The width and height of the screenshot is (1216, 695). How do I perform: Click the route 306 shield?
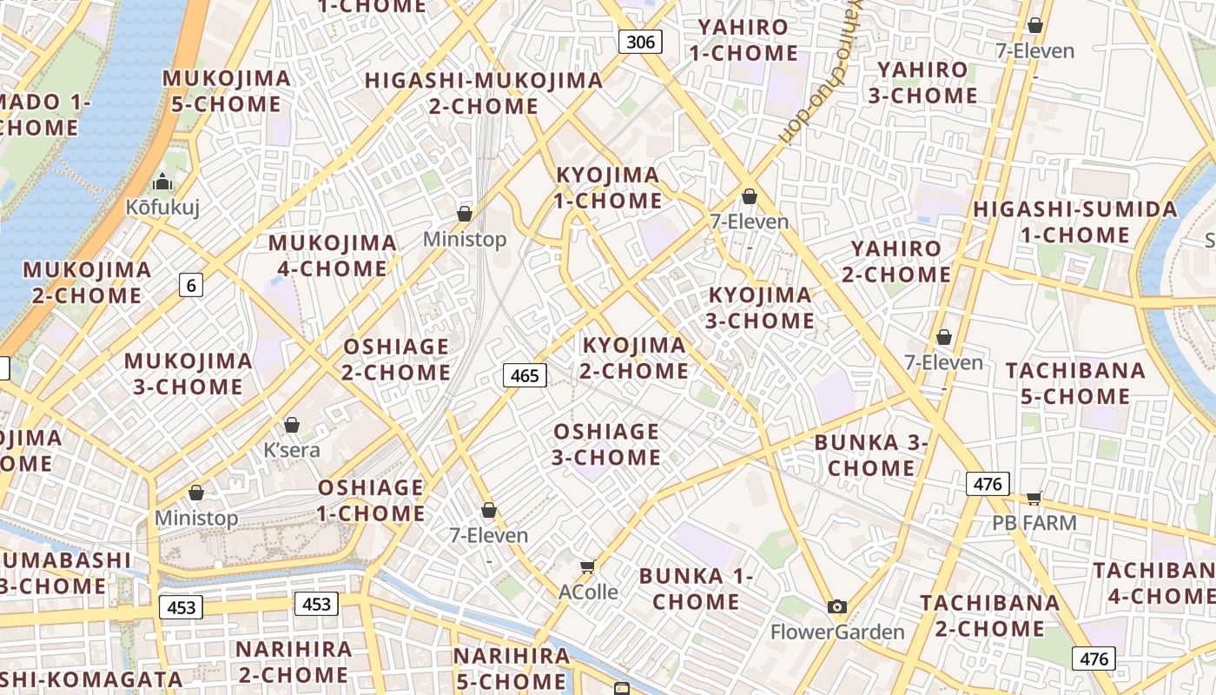(641, 41)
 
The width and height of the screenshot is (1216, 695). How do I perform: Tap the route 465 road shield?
(525, 375)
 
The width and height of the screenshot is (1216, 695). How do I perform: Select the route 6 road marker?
(191, 284)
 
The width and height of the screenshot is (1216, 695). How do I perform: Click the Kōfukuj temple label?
(162, 207)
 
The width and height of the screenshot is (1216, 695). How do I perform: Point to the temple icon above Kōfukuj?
(162, 182)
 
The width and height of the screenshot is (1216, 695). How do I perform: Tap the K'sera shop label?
(292, 450)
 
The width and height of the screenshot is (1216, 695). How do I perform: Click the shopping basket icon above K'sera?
(292, 425)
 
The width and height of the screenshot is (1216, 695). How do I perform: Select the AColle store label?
(588, 592)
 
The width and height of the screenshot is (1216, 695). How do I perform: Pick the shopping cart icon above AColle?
(588, 566)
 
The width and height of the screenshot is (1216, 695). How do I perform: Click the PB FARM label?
(1034, 522)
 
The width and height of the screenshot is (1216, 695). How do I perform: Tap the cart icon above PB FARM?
(1034, 497)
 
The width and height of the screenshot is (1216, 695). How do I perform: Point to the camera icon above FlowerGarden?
(836, 606)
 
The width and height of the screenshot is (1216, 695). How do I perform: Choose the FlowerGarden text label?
(837, 632)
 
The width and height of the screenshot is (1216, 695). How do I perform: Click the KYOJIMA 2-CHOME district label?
(635, 358)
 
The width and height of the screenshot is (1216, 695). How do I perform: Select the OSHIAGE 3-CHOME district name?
(606, 444)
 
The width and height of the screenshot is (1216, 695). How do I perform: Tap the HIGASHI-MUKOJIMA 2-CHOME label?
(484, 93)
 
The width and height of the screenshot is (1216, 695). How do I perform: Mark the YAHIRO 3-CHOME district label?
(922, 83)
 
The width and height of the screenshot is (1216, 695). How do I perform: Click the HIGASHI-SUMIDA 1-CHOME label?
(1074, 222)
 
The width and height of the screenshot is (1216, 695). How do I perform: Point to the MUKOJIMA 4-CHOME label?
(333, 255)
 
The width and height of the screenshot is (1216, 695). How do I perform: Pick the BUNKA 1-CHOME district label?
(696, 588)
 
